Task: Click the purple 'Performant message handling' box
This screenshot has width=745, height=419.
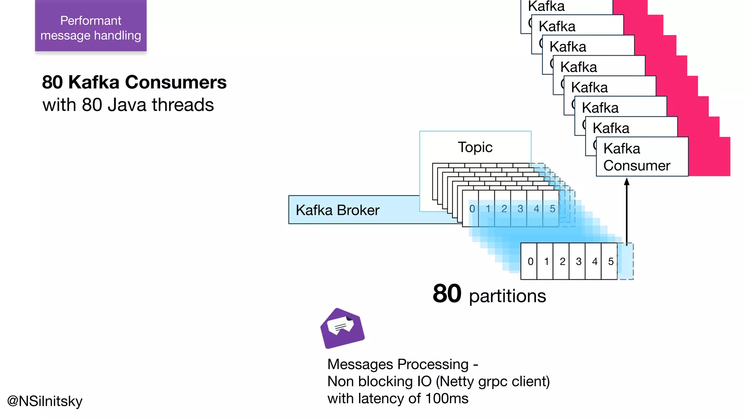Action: tap(91, 26)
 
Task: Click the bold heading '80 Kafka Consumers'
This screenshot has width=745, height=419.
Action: tap(134, 82)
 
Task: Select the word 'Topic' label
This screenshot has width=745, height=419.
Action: tap(475, 147)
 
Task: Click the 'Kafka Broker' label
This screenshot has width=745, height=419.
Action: tap(337, 210)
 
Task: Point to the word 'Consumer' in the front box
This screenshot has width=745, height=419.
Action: tap(637, 166)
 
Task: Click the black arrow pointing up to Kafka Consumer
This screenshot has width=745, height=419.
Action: tap(626, 211)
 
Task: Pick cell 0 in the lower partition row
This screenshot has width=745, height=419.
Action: tap(530, 262)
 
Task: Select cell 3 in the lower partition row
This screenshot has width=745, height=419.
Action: tap(578, 262)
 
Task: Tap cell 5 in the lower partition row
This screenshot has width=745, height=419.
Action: tap(610, 262)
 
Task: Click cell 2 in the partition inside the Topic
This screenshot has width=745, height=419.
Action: tap(504, 209)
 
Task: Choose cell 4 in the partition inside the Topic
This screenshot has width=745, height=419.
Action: tap(536, 209)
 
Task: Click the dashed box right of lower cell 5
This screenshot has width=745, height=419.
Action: tap(626, 262)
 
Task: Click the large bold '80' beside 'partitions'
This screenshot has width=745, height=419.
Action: tap(447, 294)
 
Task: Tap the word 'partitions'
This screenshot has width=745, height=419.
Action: tap(507, 296)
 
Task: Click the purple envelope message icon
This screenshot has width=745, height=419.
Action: tap(342, 328)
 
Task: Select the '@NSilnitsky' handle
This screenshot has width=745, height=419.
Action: tap(45, 401)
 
